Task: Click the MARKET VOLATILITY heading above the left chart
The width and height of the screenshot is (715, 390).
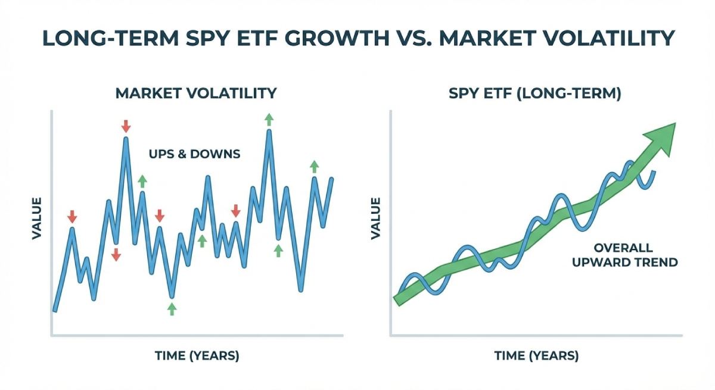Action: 196,93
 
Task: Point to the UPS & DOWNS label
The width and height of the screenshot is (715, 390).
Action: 194,154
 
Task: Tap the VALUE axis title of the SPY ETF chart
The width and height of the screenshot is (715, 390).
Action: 375,218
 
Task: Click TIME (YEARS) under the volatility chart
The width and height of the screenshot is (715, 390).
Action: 197,356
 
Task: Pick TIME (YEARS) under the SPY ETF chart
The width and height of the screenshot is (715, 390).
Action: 536,356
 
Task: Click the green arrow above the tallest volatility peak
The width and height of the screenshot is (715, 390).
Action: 269,118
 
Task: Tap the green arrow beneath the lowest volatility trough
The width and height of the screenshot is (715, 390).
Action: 172,308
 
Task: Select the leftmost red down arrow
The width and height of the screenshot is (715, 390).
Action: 72,216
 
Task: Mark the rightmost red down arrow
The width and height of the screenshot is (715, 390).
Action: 236,210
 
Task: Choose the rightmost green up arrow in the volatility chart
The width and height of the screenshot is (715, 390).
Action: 314,166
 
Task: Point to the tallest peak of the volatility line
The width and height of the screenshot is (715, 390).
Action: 269,131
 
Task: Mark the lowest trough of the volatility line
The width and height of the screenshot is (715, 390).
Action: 172,297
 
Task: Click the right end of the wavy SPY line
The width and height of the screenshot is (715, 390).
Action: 655,172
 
